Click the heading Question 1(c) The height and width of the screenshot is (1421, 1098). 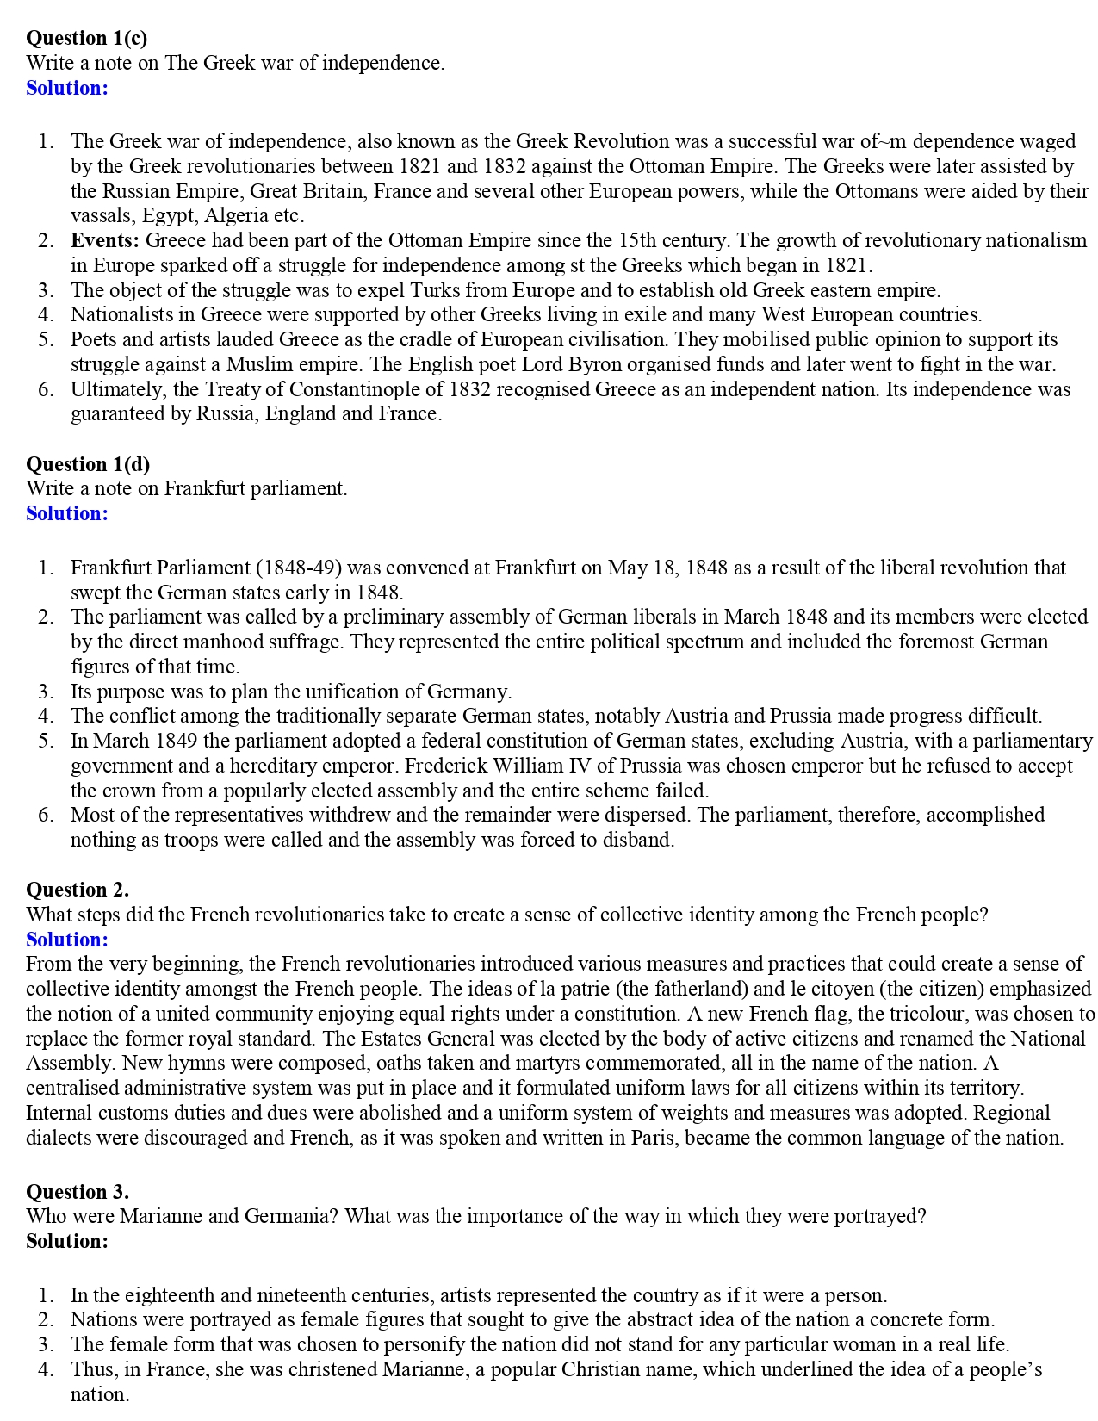(x=86, y=38)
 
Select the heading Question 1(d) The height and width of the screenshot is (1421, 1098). (x=88, y=464)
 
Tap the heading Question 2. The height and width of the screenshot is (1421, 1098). (x=78, y=890)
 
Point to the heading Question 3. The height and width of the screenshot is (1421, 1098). (x=78, y=1192)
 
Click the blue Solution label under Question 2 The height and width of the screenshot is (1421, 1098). (x=67, y=940)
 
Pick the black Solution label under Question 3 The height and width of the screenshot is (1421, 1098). (x=67, y=1241)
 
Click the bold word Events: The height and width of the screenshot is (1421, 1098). (x=105, y=240)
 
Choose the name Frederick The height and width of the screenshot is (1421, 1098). (x=444, y=766)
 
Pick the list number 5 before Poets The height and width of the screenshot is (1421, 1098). (x=46, y=339)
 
